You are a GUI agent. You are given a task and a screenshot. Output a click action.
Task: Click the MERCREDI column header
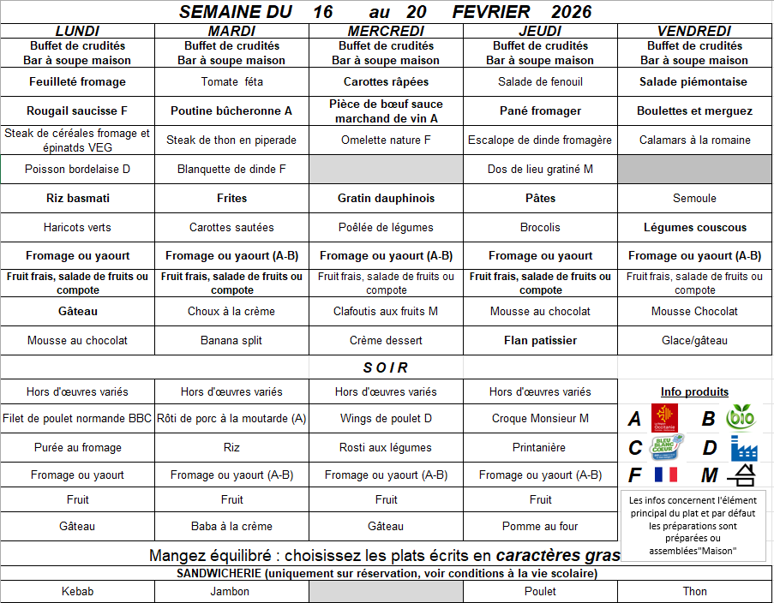pos(386,31)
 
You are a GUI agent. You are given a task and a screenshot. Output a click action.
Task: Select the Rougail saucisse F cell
pos(77,110)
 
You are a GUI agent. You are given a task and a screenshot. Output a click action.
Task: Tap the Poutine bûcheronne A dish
pos(231,110)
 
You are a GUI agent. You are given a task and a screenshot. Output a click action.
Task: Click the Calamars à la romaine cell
pos(694,140)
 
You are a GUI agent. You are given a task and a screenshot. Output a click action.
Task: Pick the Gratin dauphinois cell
pos(386,198)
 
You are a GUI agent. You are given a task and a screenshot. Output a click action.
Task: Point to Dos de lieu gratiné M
pos(540,169)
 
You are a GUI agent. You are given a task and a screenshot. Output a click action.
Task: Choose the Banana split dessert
pos(231,340)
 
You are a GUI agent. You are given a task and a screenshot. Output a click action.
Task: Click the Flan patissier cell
pos(540,340)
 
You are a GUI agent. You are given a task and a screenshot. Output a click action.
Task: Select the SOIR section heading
pos(386,367)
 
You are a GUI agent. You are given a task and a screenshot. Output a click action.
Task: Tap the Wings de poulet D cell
pos(386,419)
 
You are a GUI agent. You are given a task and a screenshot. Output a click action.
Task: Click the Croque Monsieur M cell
pos(540,419)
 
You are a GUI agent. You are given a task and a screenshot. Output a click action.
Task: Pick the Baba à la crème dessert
pos(231,526)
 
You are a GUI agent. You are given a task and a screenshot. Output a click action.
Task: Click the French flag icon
pos(666,475)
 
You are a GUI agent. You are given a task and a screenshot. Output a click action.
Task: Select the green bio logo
pos(741,418)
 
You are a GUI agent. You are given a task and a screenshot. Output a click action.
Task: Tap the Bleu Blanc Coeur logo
pos(668,447)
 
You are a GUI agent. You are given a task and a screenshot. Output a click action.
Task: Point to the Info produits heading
pos(694,391)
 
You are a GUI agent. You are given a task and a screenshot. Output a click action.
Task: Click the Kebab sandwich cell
pos(77,591)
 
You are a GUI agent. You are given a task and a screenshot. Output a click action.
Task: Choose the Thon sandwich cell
pos(694,591)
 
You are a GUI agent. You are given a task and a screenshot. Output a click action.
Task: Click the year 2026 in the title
pos(572,12)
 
